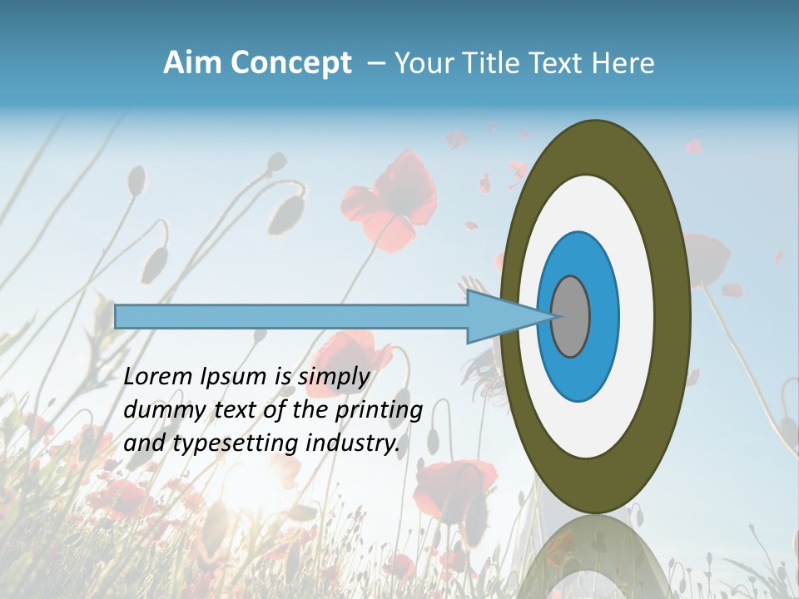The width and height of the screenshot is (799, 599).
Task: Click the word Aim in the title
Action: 192,63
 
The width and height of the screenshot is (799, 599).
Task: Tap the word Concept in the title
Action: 291,63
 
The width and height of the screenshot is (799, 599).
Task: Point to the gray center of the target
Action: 571,316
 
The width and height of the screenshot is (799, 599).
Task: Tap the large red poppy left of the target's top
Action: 391,200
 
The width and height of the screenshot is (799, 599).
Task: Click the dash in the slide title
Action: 375,63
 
